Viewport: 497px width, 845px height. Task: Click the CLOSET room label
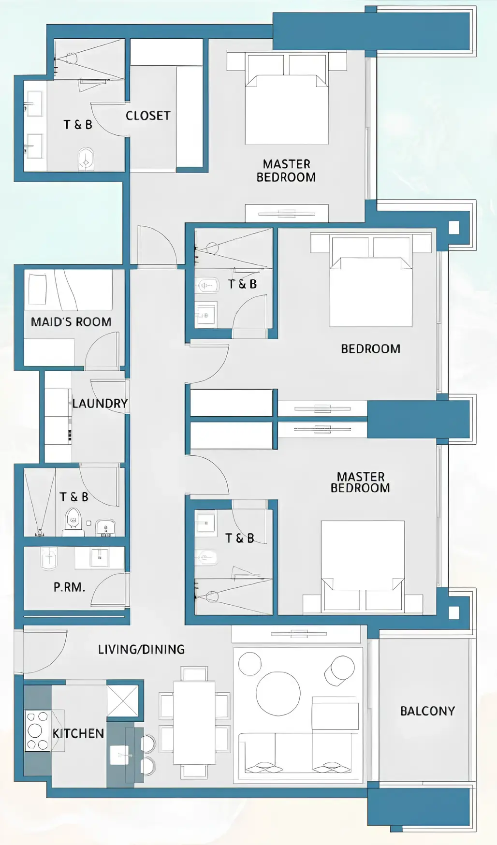(x=148, y=116)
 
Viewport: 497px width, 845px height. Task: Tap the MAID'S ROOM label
(x=71, y=322)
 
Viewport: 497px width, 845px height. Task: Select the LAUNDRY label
(x=100, y=403)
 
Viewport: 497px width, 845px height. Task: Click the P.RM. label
(x=69, y=587)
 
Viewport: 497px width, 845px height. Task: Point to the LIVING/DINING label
(x=141, y=649)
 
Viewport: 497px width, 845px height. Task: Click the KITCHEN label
(x=78, y=733)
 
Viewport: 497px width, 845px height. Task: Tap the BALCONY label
(x=427, y=711)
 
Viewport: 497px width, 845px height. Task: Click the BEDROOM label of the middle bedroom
(x=370, y=349)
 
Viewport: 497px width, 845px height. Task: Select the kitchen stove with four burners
(x=37, y=730)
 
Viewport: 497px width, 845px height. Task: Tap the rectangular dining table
(x=194, y=722)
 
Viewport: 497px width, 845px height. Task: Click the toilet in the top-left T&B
(x=86, y=159)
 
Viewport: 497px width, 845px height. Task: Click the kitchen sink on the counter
(x=119, y=755)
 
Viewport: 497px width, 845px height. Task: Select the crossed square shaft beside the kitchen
(x=122, y=700)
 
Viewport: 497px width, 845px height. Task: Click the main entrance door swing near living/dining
(x=44, y=650)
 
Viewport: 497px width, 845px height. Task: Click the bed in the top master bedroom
(x=287, y=109)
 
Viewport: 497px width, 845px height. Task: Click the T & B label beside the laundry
(x=74, y=497)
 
